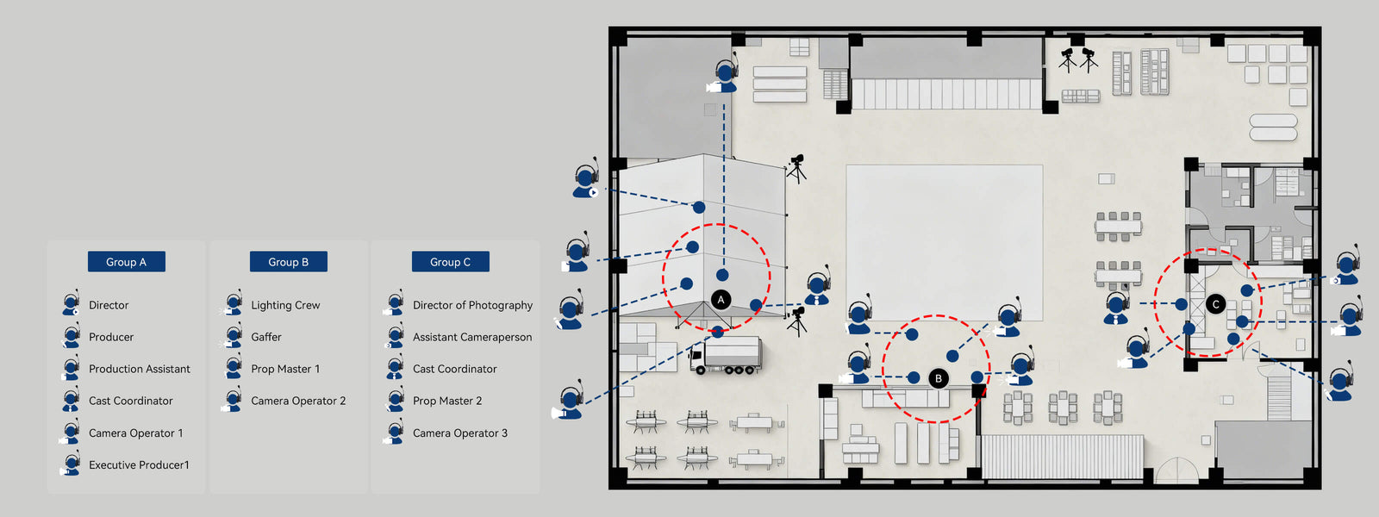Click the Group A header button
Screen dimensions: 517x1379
pyautogui.click(x=126, y=262)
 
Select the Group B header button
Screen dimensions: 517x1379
pyautogui.click(x=288, y=262)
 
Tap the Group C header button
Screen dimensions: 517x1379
pyautogui.click(x=450, y=262)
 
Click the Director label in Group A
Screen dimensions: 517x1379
pyautogui.click(x=109, y=305)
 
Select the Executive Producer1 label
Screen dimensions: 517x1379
pyautogui.click(x=139, y=464)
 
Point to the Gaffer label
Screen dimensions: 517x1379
pyautogui.click(x=266, y=337)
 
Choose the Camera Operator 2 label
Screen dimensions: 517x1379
pyautogui.click(x=298, y=401)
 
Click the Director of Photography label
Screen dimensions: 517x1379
pyautogui.click(x=472, y=305)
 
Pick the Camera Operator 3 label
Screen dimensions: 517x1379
pyautogui.click(x=460, y=433)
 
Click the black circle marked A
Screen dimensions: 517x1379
pyautogui.click(x=721, y=300)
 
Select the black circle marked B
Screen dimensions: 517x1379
pyautogui.click(x=939, y=378)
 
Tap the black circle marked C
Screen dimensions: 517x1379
pyautogui.click(x=1215, y=304)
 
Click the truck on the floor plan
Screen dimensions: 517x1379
pyautogui.click(x=726, y=355)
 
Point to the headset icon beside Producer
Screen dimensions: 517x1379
pyautogui.click(x=71, y=337)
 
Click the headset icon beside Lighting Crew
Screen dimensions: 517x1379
pyautogui.click(x=233, y=305)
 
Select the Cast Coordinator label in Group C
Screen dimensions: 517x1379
pyautogui.click(x=455, y=369)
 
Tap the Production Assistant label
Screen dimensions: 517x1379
pyautogui.click(x=140, y=369)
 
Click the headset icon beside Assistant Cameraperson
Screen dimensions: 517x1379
pyautogui.click(x=395, y=337)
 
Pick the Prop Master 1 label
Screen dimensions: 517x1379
pyautogui.click(x=285, y=369)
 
